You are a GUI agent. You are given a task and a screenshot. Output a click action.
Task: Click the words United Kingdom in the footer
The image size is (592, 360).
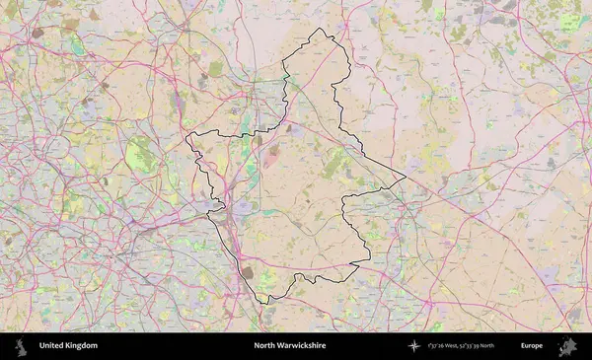[68, 346]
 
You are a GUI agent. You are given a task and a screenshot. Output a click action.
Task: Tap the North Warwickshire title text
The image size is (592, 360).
[289, 346]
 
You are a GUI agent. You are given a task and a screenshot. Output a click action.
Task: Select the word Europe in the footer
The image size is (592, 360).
[532, 346]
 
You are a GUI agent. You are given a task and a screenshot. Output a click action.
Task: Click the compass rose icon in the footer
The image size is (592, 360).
[414, 346]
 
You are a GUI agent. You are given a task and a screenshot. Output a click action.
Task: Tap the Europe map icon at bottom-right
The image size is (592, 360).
[567, 346]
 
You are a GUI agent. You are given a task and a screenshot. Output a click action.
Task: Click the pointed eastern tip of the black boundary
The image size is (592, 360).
[406, 180]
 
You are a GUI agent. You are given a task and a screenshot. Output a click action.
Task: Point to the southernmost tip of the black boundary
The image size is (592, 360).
[263, 303]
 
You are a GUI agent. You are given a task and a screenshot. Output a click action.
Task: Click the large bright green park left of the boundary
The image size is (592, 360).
[142, 154]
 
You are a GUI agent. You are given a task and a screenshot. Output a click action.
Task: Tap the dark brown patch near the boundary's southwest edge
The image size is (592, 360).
[247, 272]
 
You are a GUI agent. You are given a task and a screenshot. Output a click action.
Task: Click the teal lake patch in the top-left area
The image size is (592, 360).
[76, 44]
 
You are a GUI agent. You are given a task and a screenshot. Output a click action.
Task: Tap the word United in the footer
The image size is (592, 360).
[53, 346]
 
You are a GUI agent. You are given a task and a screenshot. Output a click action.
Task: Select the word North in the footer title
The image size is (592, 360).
[264, 346]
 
